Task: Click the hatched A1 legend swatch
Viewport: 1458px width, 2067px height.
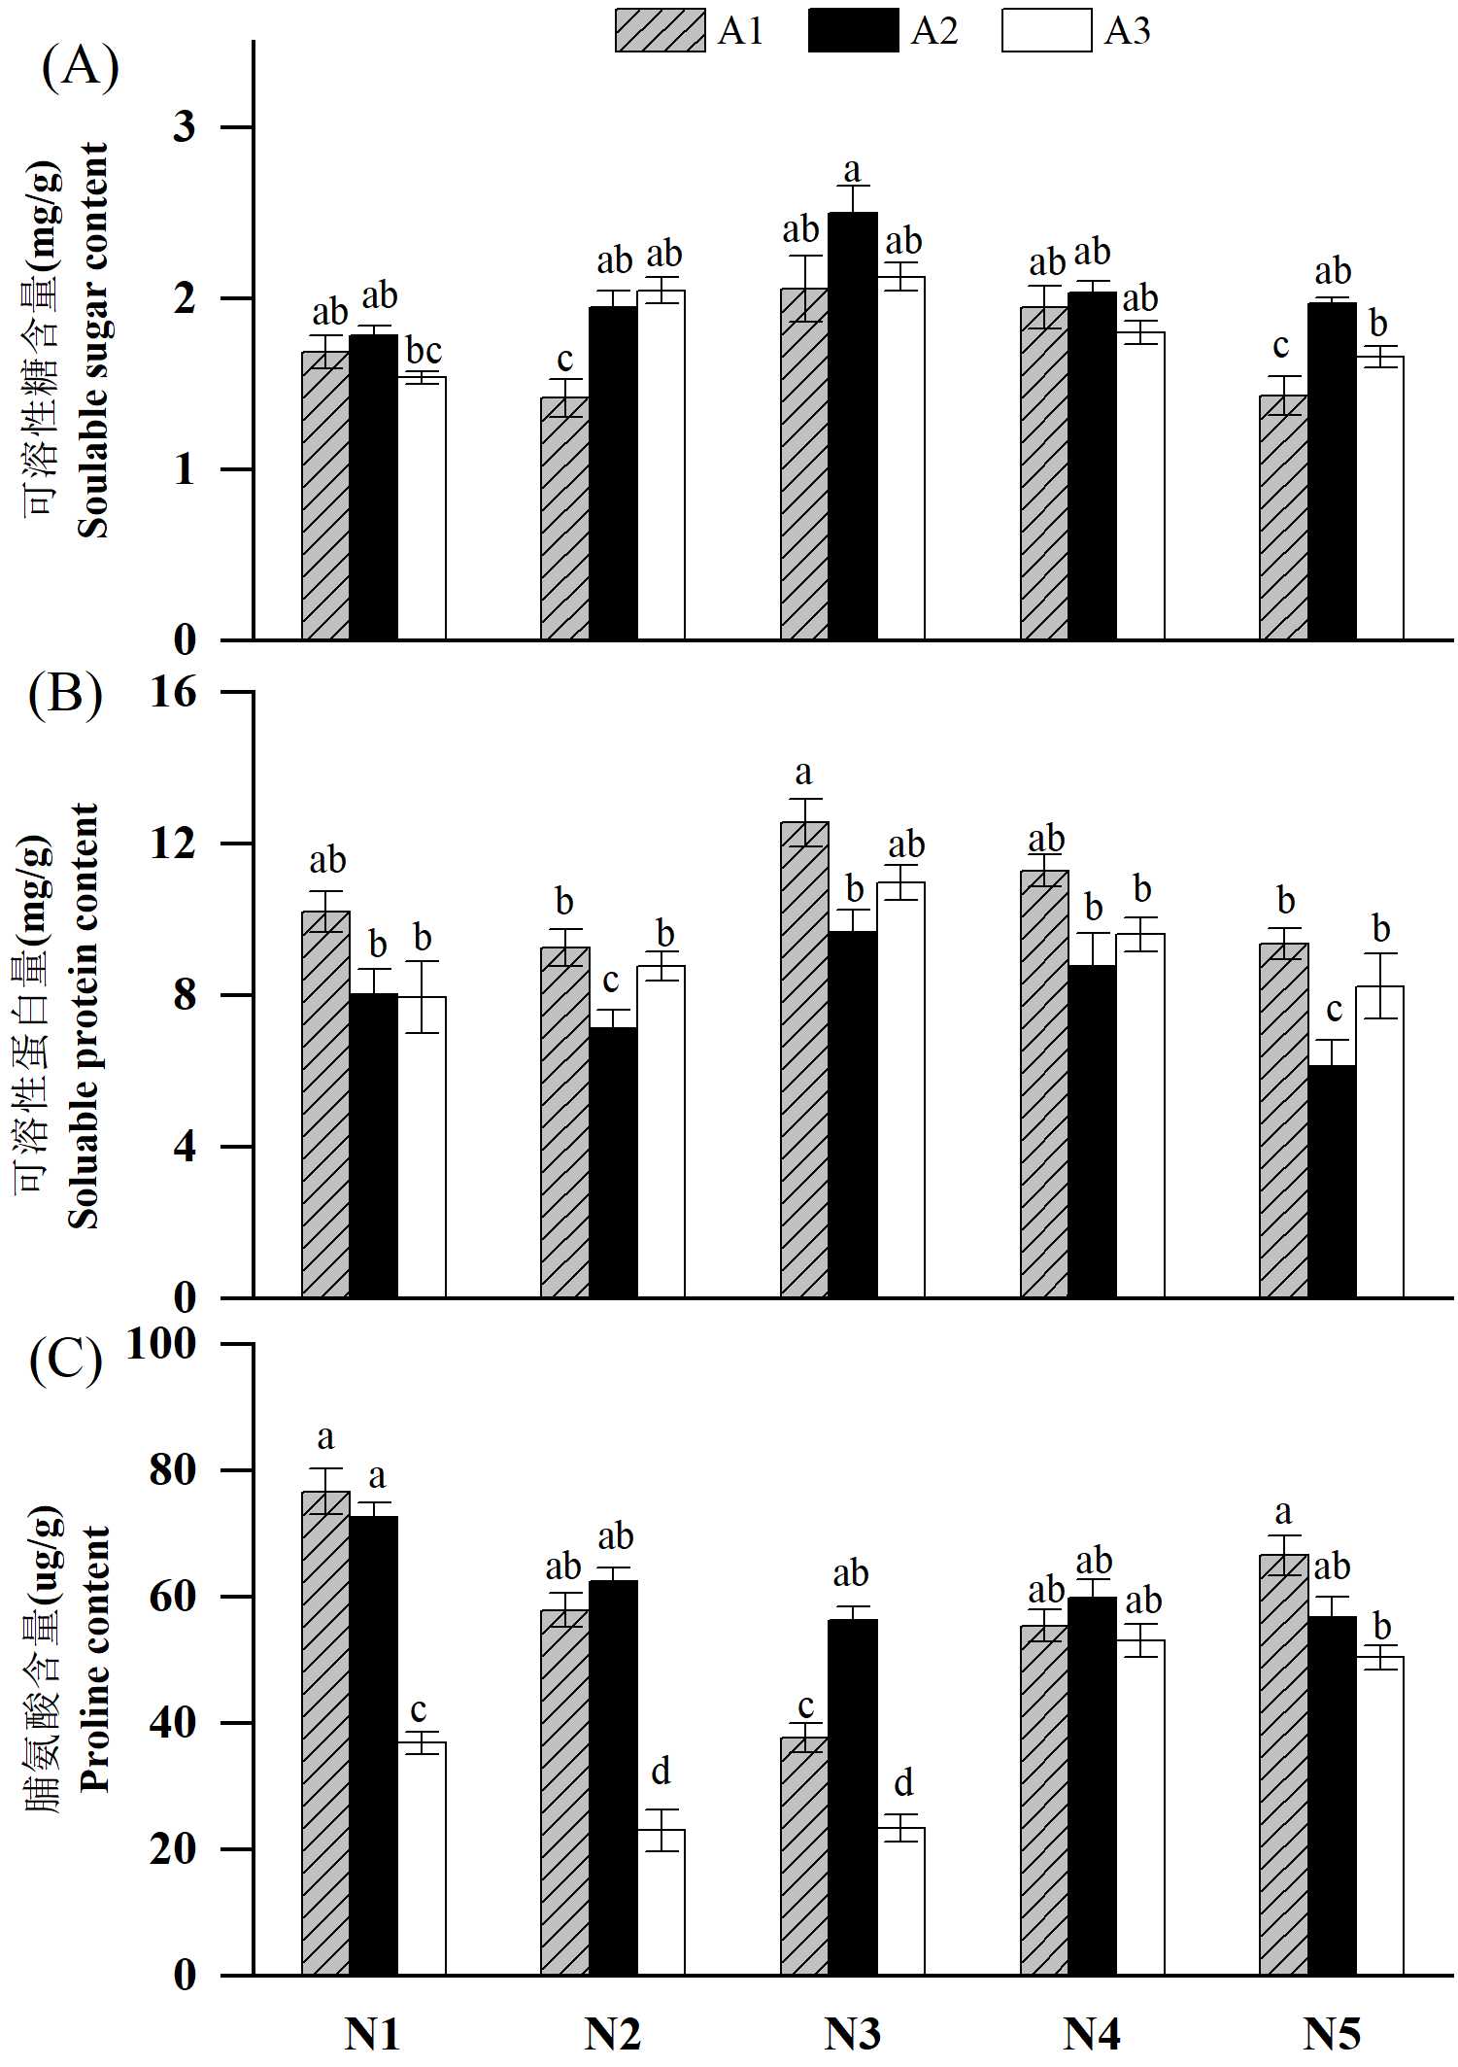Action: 660,31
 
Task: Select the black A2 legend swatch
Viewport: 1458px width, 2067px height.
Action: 853,31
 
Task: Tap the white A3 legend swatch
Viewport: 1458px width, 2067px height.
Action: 1046,31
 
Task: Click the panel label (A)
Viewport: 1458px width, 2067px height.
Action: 81,68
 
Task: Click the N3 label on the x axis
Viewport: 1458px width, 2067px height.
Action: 852,2033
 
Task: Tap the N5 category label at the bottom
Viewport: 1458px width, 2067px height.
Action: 1332,2033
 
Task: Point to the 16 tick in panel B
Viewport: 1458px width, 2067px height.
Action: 173,692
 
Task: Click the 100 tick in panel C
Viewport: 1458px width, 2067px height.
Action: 161,1344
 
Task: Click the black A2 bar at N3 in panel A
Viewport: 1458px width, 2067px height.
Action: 852,428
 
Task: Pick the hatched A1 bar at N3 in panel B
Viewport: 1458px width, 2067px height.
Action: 804,1059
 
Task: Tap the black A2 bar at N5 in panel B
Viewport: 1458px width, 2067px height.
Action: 1332,1181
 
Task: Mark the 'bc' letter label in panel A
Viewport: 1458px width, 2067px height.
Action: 424,350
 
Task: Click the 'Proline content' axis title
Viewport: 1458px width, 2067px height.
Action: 94,1658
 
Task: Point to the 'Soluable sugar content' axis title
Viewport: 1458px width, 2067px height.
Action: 94,340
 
